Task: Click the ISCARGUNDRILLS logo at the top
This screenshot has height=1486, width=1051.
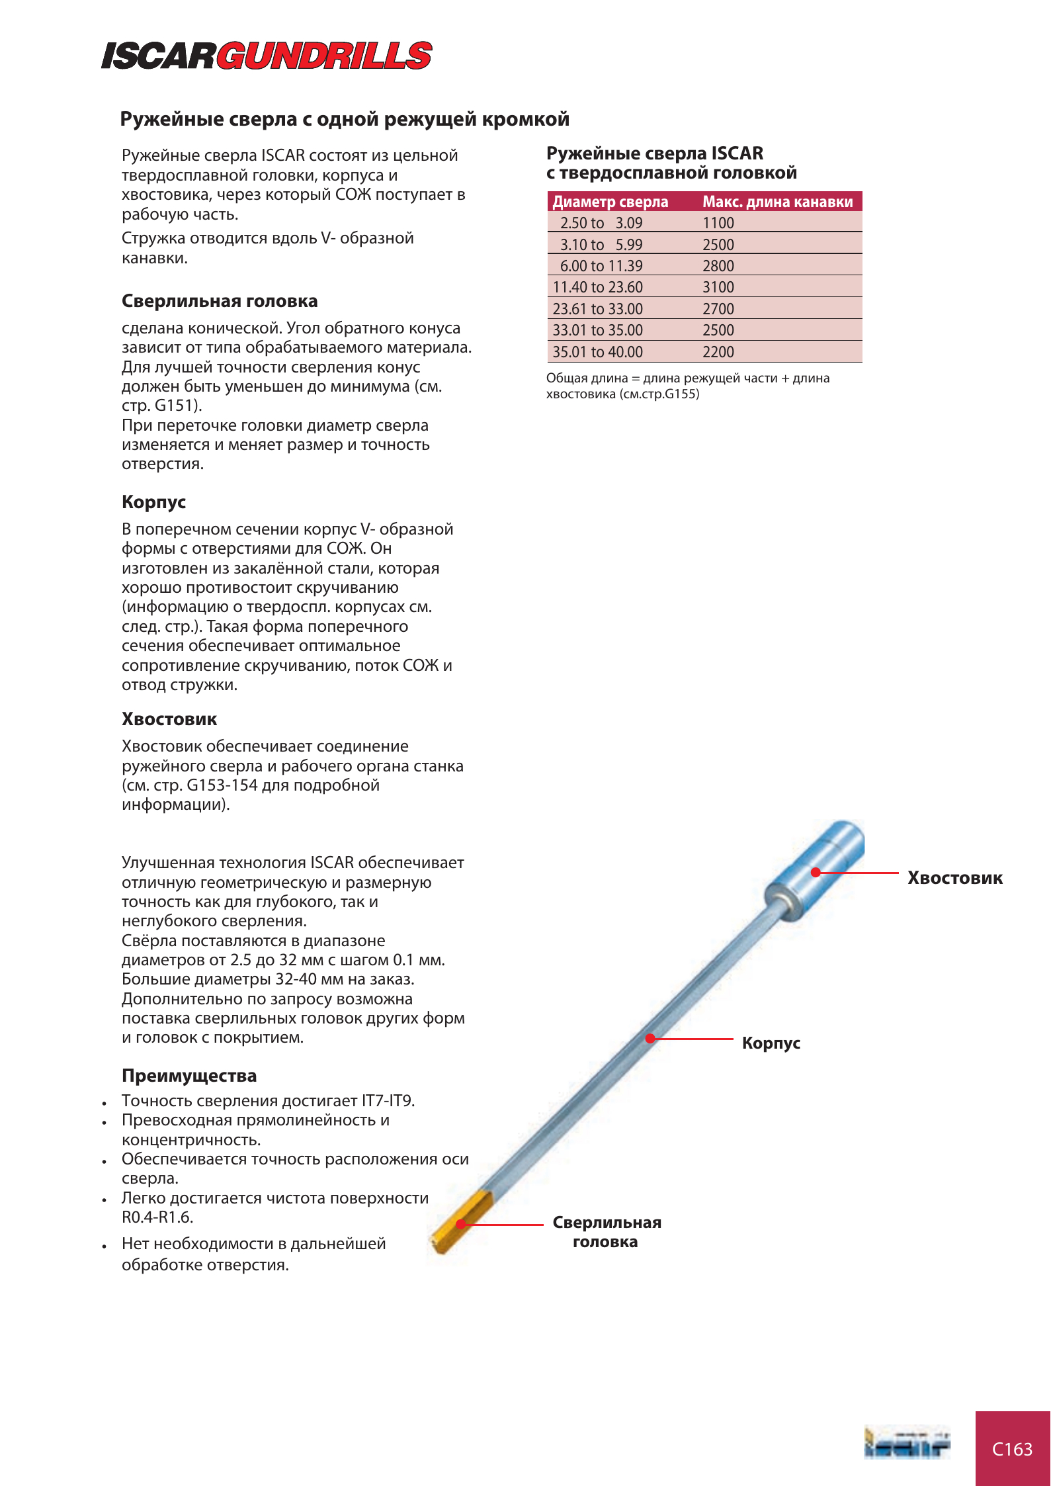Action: click(267, 56)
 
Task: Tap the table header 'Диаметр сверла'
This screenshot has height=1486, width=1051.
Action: click(610, 202)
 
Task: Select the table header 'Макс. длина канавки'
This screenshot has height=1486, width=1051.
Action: click(777, 202)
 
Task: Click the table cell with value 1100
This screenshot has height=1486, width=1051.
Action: click(718, 223)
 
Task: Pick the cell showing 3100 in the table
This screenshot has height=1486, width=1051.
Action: click(718, 287)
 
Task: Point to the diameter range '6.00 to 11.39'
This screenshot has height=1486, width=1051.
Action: click(601, 266)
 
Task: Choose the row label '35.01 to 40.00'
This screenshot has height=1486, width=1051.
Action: click(597, 352)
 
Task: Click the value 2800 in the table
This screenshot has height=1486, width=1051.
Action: click(718, 266)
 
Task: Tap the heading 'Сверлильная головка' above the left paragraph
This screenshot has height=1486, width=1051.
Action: click(220, 301)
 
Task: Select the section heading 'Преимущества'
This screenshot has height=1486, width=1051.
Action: click(189, 1076)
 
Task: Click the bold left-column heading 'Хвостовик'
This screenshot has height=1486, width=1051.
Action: click(169, 719)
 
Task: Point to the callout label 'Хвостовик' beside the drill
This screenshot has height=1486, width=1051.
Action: click(954, 878)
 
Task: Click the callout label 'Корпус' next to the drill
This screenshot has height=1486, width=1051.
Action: click(771, 1043)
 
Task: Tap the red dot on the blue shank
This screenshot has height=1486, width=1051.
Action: click(816, 872)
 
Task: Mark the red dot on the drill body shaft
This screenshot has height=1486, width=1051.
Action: click(650, 1038)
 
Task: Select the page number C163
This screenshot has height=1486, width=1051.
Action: click(1012, 1449)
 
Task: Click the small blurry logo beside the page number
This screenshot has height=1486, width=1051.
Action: click(906, 1444)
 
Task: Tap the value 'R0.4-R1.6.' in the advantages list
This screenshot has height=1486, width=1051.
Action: click(157, 1217)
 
